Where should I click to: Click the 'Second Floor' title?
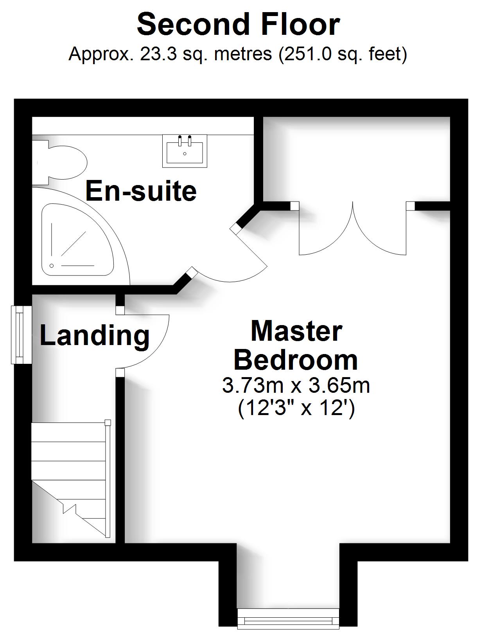coord(238,24)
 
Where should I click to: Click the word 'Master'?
coord(296,331)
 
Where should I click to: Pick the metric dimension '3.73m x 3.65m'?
coord(296,385)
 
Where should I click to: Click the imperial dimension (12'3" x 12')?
coord(296,408)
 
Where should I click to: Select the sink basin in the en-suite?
coord(185,152)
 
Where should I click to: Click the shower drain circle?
coord(51,265)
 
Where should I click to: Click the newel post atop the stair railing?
coord(108,422)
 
